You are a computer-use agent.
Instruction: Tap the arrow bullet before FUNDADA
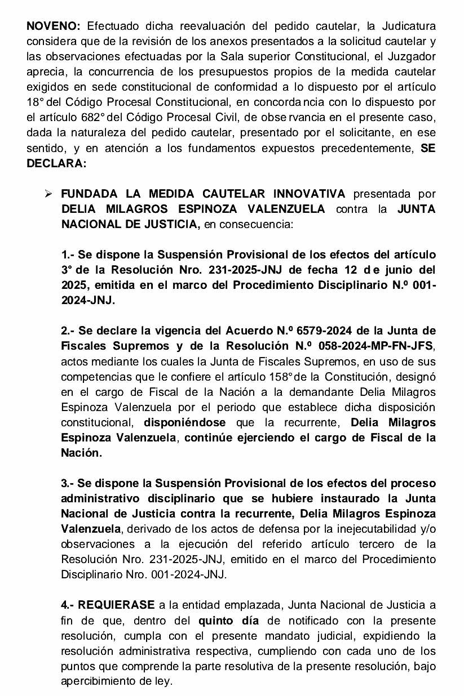[49, 194]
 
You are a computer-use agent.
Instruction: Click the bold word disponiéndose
[184, 422]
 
